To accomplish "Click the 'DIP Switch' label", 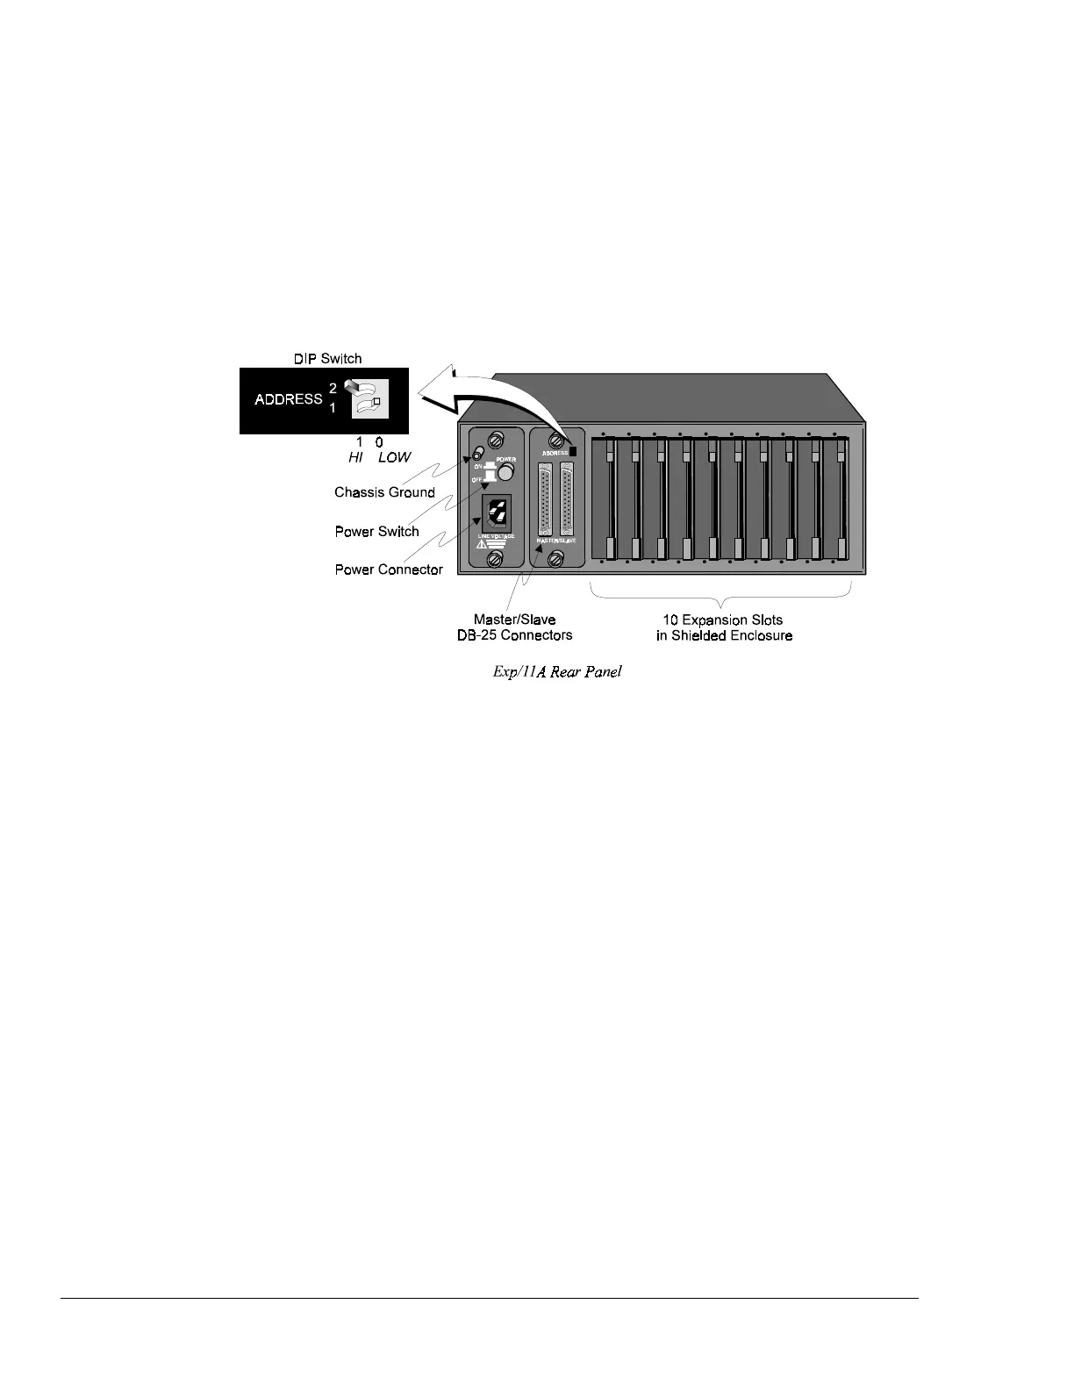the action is click(x=327, y=358).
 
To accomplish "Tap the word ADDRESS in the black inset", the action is click(x=289, y=399).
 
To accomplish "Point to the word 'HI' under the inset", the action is click(x=355, y=457).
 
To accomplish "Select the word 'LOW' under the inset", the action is click(x=394, y=457).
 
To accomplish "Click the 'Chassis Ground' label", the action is click(x=384, y=492).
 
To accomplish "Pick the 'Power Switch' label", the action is click(x=376, y=531).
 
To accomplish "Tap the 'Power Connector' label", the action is click(x=389, y=570).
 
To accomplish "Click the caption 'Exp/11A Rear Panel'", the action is click(x=557, y=673).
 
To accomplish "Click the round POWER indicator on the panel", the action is click(x=506, y=474).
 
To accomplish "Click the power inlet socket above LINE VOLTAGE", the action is click(x=496, y=512).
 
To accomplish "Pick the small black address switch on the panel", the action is click(x=573, y=451).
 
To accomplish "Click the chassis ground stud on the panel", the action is click(x=478, y=453).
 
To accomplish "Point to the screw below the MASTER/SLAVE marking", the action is click(x=555, y=559).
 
